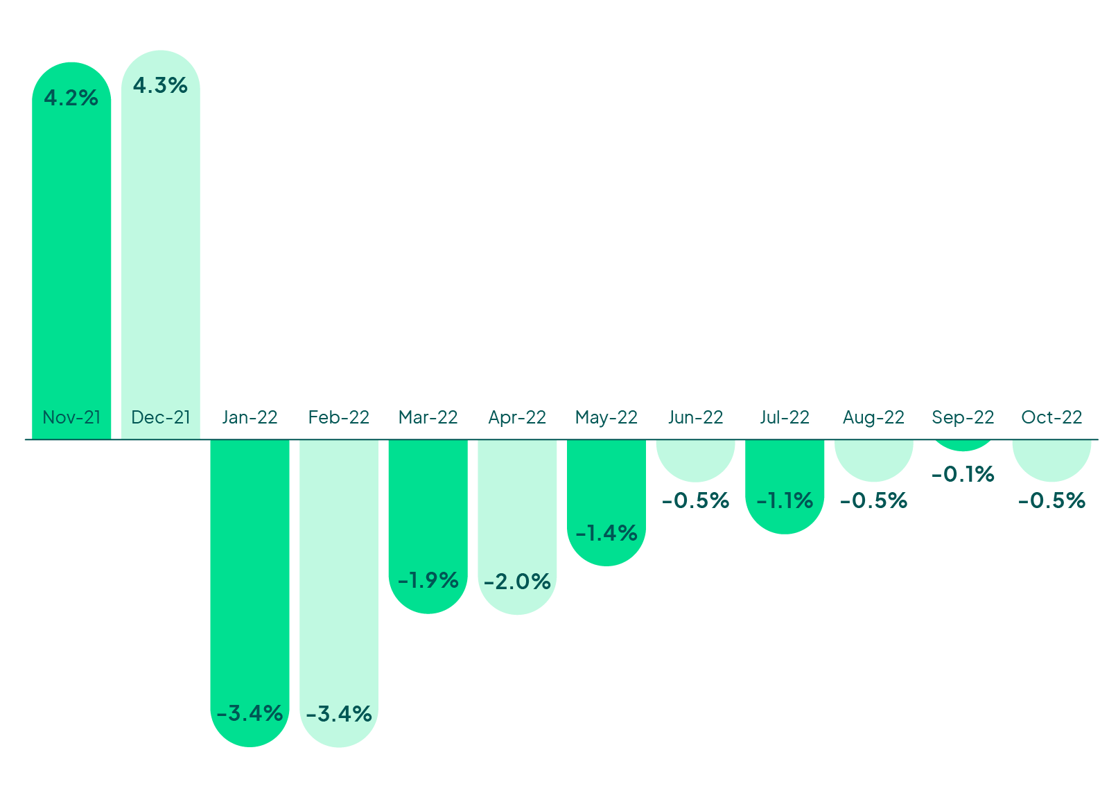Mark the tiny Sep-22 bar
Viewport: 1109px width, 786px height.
click(x=963, y=445)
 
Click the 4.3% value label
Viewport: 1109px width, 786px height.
click(x=160, y=85)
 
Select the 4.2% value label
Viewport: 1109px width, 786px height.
click(x=71, y=98)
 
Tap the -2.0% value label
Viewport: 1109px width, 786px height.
click(x=517, y=582)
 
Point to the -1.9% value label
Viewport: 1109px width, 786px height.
click(x=428, y=580)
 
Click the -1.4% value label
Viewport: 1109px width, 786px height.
click(x=606, y=533)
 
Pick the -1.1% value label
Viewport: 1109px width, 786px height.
click(x=785, y=500)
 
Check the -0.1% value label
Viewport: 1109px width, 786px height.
click(x=963, y=474)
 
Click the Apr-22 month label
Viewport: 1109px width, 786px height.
click(x=517, y=417)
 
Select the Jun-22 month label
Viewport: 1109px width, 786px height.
click(x=695, y=417)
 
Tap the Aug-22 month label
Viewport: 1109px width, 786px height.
click(x=873, y=417)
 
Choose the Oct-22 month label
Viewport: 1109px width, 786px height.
click(x=1051, y=417)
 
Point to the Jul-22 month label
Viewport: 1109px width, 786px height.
click(x=785, y=417)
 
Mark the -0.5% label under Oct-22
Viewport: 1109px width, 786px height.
click(x=1051, y=500)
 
